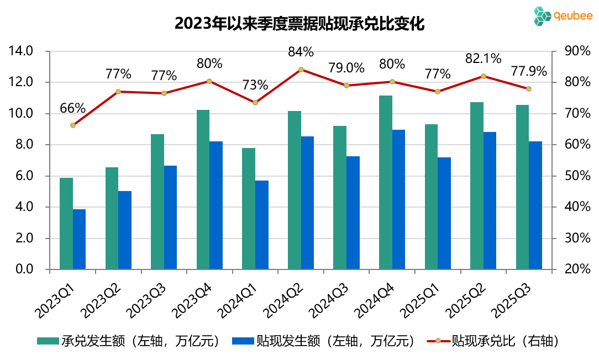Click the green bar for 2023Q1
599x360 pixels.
pyautogui.click(x=66, y=224)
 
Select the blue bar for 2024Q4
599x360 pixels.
pyautogui.click(x=398, y=200)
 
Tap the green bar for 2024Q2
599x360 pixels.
pyautogui.click(x=295, y=190)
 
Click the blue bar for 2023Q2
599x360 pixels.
pyautogui.click(x=125, y=230)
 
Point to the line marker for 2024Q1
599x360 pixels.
pyautogui.click(x=255, y=103)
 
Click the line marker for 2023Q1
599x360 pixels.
pyautogui.click(x=73, y=125)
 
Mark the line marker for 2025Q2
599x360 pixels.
pyautogui.click(x=484, y=76)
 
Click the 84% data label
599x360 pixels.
pyautogui.click(x=301, y=52)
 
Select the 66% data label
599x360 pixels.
pyautogui.click(x=73, y=108)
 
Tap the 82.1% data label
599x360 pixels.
pyautogui.click(x=483, y=59)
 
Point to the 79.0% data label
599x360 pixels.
pyautogui.click(x=346, y=68)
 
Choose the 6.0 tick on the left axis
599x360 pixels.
pyautogui.click(x=24, y=176)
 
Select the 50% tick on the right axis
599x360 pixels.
pyautogui.click(x=577, y=176)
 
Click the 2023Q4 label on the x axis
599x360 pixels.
pyautogui.click(x=191, y=297)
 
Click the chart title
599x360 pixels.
pyautogui.click(x=299, y=24)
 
